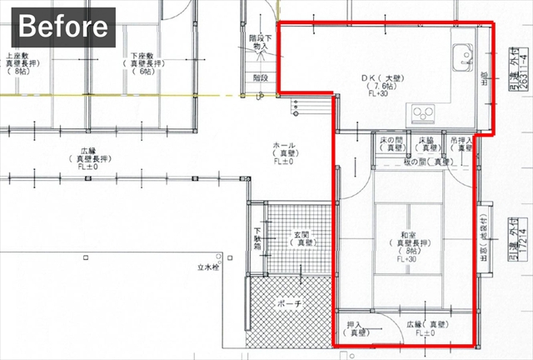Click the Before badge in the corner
63,27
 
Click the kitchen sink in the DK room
460,56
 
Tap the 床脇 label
426,141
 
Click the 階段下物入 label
259,43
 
